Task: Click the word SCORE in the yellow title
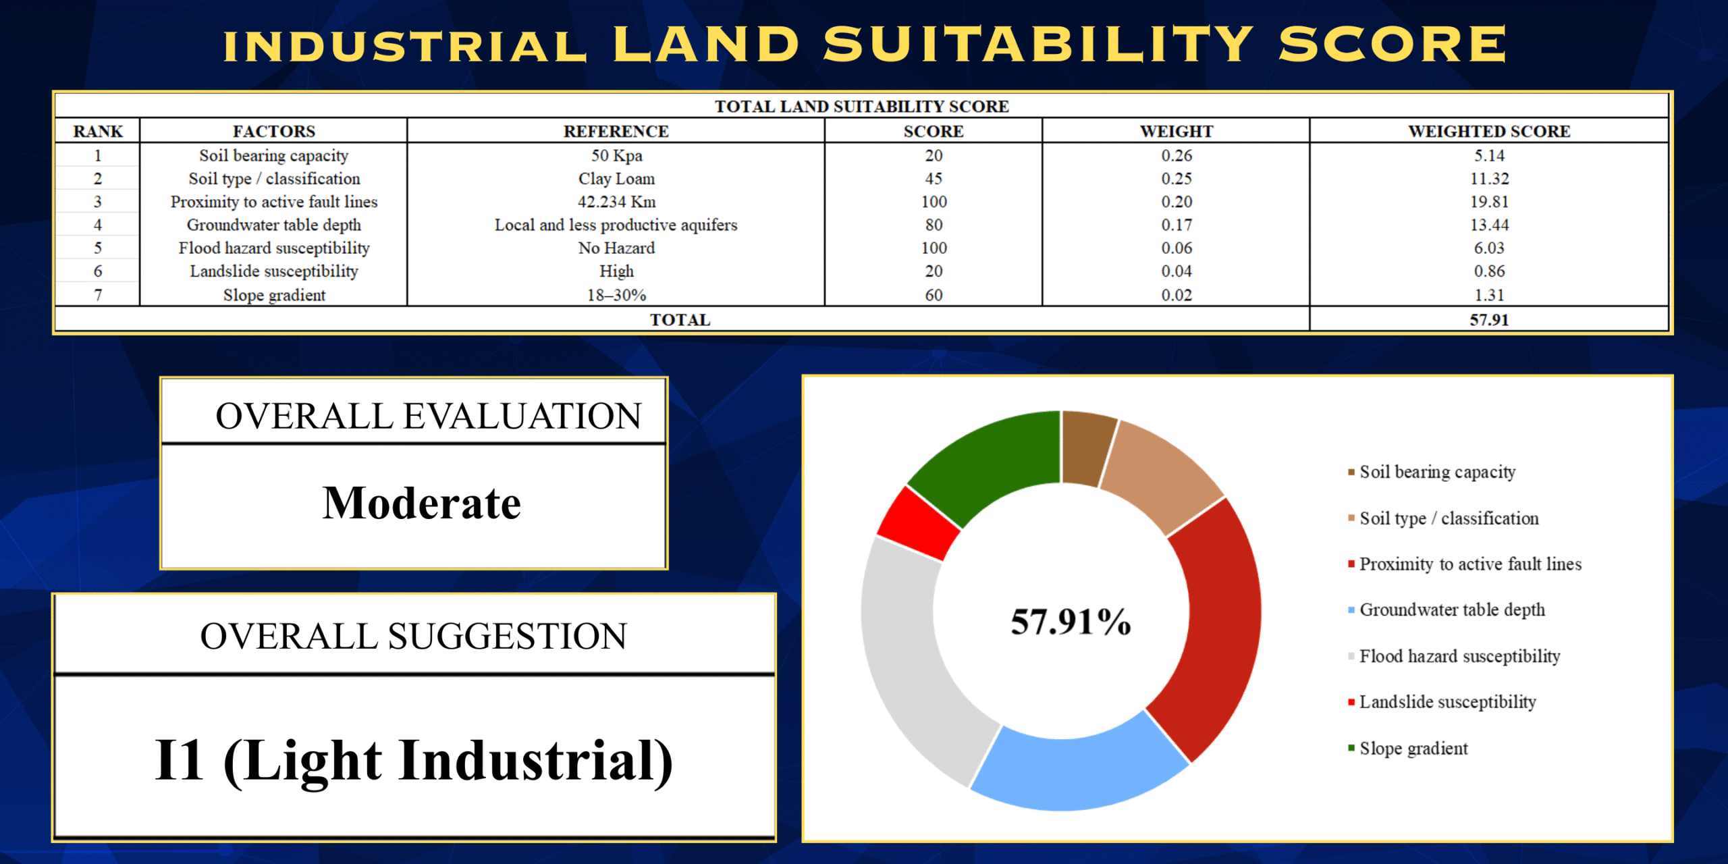coord(1392,45)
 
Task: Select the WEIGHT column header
coord(1177,131)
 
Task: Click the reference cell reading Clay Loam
coord(616,179)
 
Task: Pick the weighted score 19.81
coord(1489,202)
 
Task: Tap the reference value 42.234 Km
coord(616,202)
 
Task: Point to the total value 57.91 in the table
coord(1489,320)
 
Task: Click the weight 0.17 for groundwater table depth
coord(1177,225)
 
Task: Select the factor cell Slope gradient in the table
coord(274,295)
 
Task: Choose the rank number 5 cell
coord(98,248)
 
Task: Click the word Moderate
coord(422,504)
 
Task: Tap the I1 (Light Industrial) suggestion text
coord(414,761)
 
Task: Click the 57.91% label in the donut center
coord(1071,621)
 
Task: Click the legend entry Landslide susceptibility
coord(1447,702)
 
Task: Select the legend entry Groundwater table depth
coord(1451,610)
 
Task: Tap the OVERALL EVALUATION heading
coord(428,416)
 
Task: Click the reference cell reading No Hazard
coord(616,248)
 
